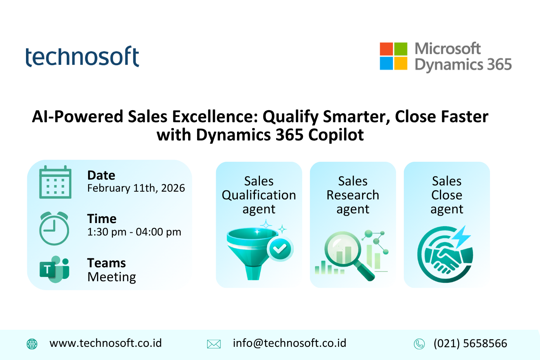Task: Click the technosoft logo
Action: pos(82,56)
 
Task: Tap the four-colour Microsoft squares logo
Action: pos(393,56)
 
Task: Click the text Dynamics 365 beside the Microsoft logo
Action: pos(463,65)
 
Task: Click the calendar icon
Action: pos(55,182)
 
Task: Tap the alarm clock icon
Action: pos(54,228)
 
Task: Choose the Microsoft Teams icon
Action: pos(54,269)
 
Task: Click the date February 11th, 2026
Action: pos(136,188)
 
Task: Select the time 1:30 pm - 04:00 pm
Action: pos(134,232)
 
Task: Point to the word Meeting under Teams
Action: pos(112,277)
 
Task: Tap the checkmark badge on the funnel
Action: pos(280,249)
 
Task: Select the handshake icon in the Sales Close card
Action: pos(445,258)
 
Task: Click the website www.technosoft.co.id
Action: pos(106,343)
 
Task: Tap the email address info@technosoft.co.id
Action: pos(289,343)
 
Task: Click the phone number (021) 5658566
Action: pos(470,343)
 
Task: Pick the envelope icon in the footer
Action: pos(214,344)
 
